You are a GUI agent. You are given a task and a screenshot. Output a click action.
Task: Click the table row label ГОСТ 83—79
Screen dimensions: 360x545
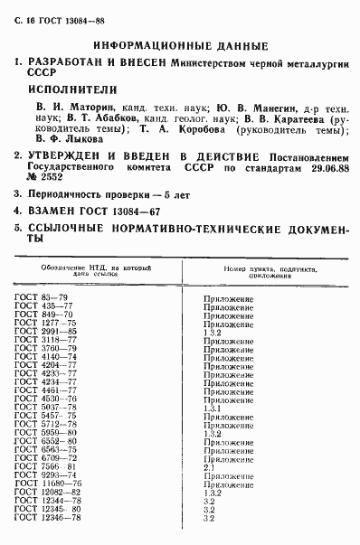coord(41,296)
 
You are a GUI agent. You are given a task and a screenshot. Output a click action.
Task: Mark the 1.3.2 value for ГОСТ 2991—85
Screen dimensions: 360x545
coord(213,331)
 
